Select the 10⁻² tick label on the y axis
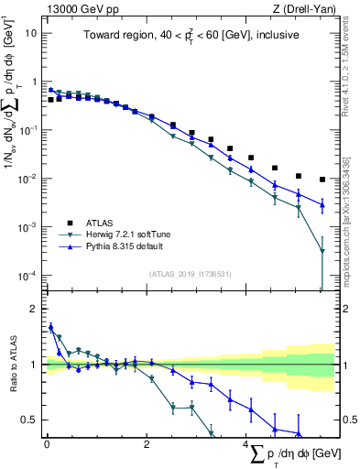(x=28, y=178)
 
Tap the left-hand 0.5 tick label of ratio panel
(x=31, y=420)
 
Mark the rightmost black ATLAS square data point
(x=322, y=180)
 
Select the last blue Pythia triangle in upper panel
(x=322, y=204)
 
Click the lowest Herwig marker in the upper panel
(x=322, y=251)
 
